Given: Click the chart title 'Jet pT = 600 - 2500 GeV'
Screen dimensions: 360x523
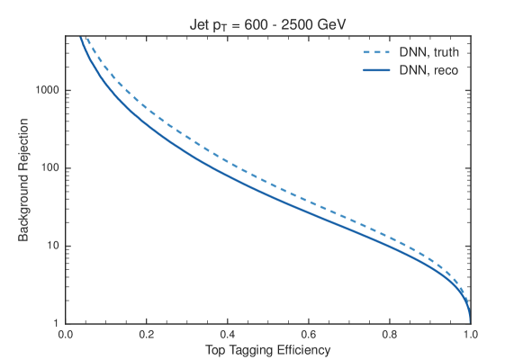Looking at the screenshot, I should click(x=267, y=23).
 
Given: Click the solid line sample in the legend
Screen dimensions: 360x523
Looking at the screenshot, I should click(x=374, y=70).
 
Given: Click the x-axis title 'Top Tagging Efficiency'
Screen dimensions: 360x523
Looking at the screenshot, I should click(x=267, y=349).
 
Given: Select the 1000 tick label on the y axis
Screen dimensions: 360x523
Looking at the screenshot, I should click(x=47, y=91).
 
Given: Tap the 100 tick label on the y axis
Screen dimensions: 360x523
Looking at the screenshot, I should click(x=50, y=168).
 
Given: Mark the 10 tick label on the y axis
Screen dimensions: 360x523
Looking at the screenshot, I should click(x=52, y=246).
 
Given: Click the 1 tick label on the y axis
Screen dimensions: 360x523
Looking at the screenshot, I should click(x=56, y=322).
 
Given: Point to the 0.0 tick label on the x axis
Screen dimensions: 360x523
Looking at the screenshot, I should click(x=65, y=333).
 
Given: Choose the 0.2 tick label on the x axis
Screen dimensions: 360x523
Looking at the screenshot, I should click(x=146, y=333).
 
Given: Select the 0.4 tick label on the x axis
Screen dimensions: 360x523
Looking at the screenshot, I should click(x=227, y=333).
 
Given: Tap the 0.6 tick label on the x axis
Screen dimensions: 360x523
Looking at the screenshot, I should click(x=308, y=333).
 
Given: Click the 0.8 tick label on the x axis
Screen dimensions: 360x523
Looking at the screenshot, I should click(x=389, y=333).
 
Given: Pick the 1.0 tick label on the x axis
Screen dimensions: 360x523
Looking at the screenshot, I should click(x=469, y=333).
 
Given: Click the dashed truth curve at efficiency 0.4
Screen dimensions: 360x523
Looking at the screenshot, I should click(x=227, y=162).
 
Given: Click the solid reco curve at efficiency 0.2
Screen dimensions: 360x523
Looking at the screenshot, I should click(x=146, y=121).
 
